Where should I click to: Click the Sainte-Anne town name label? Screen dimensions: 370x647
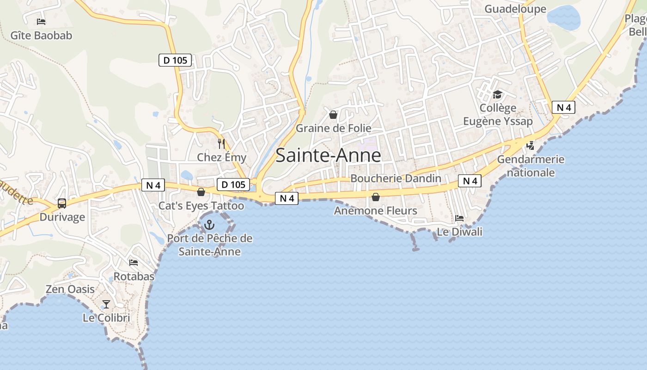[328, 155]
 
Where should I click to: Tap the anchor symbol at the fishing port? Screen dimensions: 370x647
[209, 225]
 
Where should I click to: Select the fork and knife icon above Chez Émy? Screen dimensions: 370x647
[221, 144]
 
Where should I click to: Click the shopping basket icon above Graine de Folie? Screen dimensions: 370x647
[333, 115]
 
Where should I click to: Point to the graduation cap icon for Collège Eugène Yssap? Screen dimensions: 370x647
[497, 95]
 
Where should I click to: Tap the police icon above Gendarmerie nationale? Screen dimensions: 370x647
[530, 146]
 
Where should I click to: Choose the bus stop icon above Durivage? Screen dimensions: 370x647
[62, 203]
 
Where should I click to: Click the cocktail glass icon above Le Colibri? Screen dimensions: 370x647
[106, 304]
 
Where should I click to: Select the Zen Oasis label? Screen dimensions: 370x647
[70, 290]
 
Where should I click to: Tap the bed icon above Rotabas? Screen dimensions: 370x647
[134, 263]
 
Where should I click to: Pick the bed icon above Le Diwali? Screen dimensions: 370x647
[459, 218]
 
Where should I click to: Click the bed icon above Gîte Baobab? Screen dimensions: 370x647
[41, 21]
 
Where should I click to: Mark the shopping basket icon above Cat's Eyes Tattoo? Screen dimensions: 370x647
[201, 192]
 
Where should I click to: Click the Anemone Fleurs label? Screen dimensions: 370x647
[375, 211]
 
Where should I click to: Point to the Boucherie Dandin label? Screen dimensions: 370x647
[396, 179]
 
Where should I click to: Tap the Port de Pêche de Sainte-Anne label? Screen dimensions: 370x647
[210, 245]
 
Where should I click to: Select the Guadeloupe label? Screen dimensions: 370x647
[515, 9]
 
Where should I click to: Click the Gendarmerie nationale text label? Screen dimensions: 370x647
[531, 166]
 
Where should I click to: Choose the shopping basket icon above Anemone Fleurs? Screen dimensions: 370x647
[376, 197]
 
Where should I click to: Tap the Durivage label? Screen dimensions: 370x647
[62, 217]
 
